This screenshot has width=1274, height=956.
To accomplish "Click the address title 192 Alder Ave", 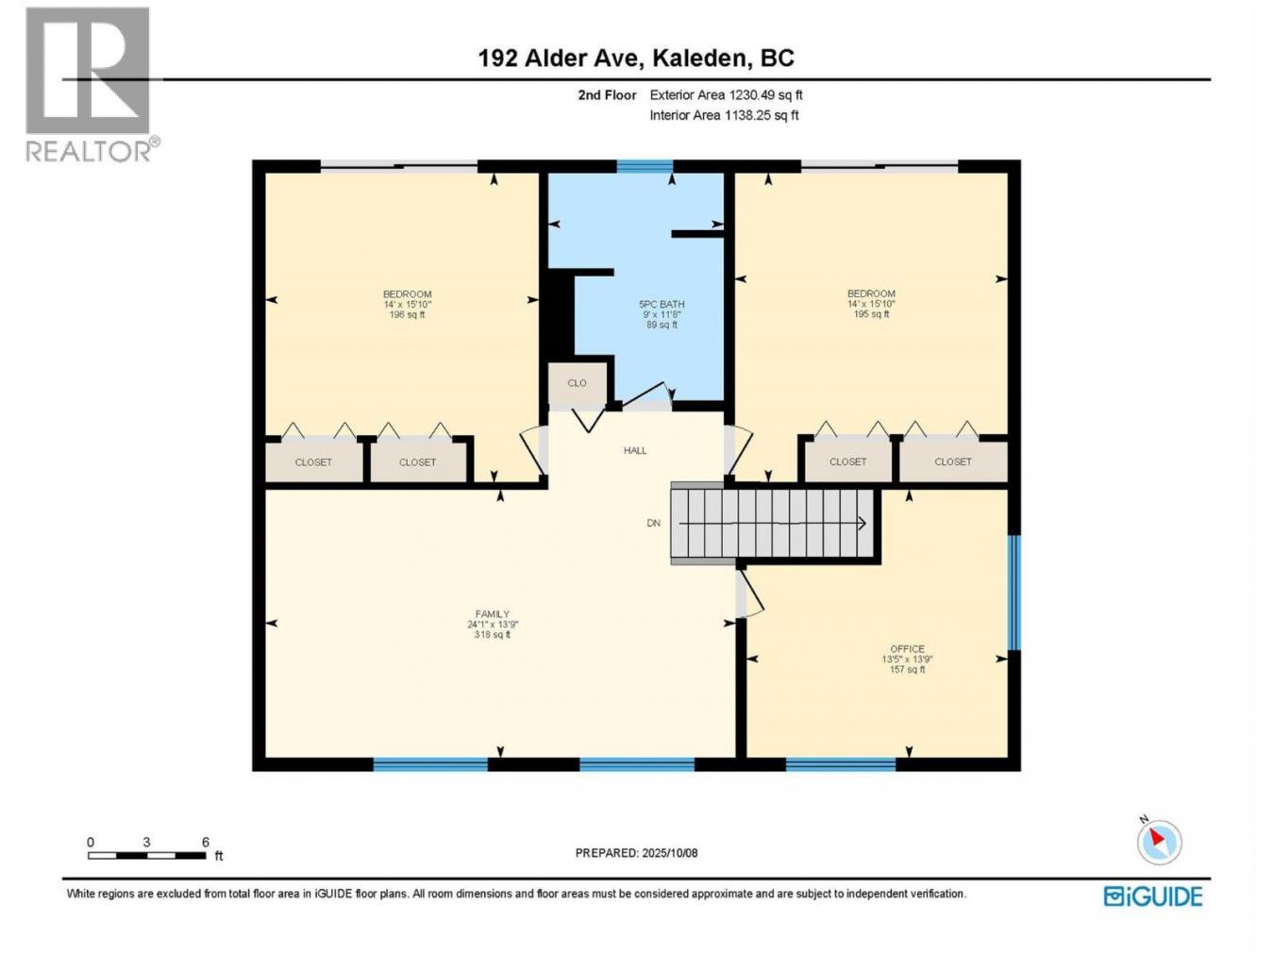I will point(635,59).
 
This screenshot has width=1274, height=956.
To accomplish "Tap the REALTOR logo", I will point(89,85).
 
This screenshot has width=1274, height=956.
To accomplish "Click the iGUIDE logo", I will point(1152,896).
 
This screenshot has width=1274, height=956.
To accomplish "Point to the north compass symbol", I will point(1158,841).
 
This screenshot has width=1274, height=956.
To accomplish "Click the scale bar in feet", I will point(147,855).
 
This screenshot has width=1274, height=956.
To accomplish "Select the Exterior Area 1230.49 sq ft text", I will point(726,94).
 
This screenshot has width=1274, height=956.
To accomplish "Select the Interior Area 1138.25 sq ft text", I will point(724,115).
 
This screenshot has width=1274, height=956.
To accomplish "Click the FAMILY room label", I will point(493,624).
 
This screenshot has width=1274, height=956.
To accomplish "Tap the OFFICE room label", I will point(907,659).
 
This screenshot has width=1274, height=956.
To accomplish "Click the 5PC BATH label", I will point(662,314).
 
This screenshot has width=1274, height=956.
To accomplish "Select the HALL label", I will point(635,450).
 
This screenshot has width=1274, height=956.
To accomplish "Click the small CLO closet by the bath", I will point(577,383).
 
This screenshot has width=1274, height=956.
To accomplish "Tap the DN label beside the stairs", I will point(653,523).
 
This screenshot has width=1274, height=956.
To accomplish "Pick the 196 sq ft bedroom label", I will point(407,304).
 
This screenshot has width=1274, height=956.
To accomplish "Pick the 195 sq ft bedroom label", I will point(870,304).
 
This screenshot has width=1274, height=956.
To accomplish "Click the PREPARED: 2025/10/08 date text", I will point(636,853).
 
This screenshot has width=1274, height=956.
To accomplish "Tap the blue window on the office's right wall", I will point(1014,593).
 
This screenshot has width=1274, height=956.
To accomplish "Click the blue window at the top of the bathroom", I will point(645,167).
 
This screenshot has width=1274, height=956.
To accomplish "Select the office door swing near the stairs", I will point(751,595).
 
